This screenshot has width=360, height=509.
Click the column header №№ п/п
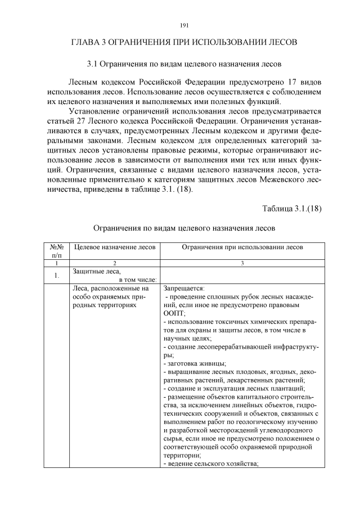coord(56,251)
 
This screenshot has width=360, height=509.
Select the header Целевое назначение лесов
coord(115,247)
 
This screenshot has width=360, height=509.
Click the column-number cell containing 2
coord(115,263)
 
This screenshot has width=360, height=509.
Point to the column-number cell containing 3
coord(242,263)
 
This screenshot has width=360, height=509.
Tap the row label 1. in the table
coord(56,276)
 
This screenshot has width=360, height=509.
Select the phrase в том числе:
coord(137,280)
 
